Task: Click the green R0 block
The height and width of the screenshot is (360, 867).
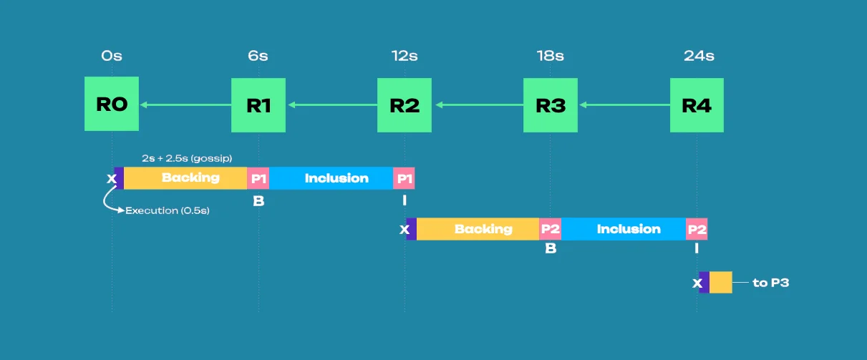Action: tap(112, 104)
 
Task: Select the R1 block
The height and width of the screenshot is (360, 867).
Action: tap(258, 105)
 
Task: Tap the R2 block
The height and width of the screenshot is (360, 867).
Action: tap(405, 105)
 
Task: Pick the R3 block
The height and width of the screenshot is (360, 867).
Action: tap(551, 105)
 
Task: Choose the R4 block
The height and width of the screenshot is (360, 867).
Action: tap(697, 105)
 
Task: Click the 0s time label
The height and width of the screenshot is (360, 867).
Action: tap(112, 56)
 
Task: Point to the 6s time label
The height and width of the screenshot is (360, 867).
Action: tap(258, 56)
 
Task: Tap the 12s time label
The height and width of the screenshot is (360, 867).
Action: tap(405, 56)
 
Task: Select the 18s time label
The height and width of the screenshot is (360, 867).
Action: tap(550, 56)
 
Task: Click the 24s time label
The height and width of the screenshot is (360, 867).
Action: tap(699, 56)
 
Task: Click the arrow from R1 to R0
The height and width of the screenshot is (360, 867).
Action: tap(185, 105)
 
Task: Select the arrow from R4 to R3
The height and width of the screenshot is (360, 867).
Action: tap(624, 105)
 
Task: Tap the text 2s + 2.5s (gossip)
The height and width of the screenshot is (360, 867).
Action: tap(187, 158)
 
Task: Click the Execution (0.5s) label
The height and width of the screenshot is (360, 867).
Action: tap(168, 210)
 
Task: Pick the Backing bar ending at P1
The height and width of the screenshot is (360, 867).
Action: tap(185, 178)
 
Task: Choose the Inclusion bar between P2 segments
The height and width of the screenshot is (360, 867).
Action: tap(624, 229)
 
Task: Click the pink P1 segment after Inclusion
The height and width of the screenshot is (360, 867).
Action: tap(404, 178)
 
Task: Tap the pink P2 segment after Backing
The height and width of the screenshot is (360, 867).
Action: tap(550, 229)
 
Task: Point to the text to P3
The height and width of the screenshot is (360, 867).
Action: tap(770, 283)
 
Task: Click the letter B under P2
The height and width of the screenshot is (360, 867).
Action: tap(551, 248)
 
